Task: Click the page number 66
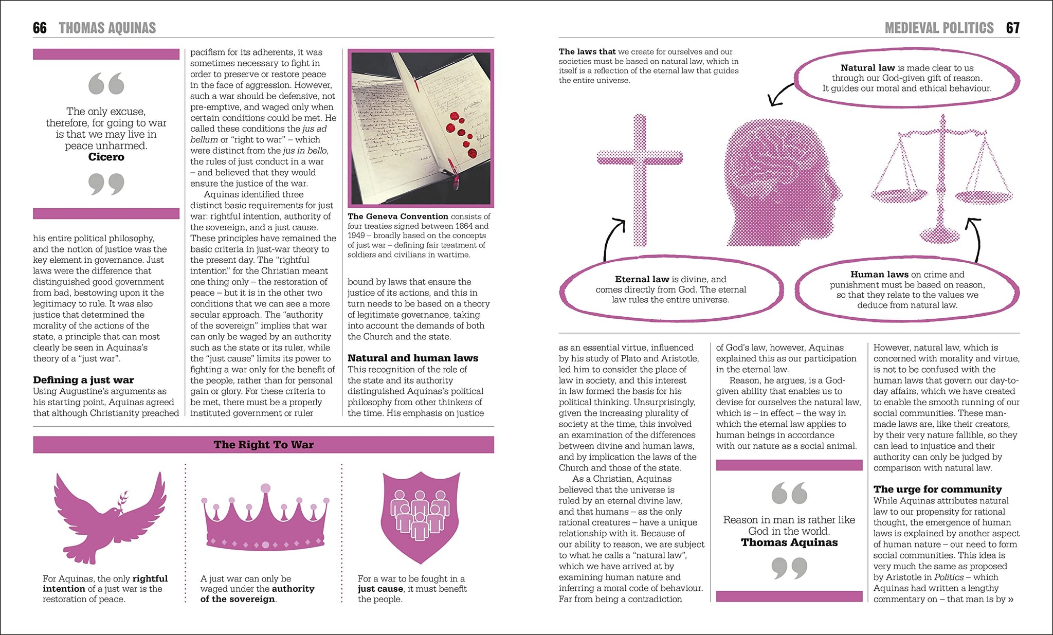coord(40,28)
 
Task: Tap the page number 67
coord(1012,28)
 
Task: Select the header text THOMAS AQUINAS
coord(107,28)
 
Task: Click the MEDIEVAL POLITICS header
coord(939,28)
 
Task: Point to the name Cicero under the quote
coord(106,157)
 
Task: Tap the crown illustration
coord(265,519)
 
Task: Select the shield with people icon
coord(420,517)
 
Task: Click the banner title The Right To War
coord(263,445)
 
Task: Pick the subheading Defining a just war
coord(83,380)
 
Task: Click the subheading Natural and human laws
coord(412,358)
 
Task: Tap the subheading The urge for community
coord(937,489)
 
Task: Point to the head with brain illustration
coord(779,183)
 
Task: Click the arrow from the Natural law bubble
coord(780,94)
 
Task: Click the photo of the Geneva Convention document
coord(421,128)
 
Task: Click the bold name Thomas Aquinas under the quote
coord(789,542)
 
